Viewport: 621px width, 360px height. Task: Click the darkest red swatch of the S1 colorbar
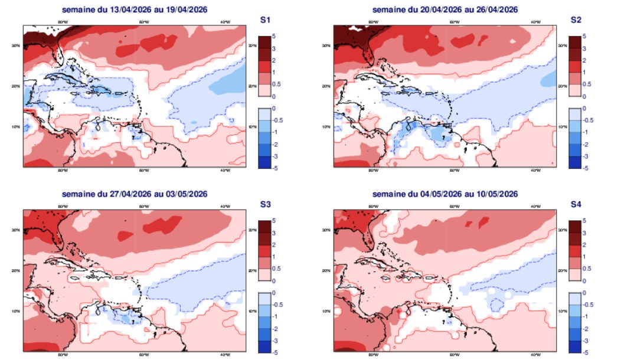pyautogui.click(x=264, y=42)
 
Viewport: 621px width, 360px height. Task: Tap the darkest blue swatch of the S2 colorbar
pyautogui.click(x=574, y=162)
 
